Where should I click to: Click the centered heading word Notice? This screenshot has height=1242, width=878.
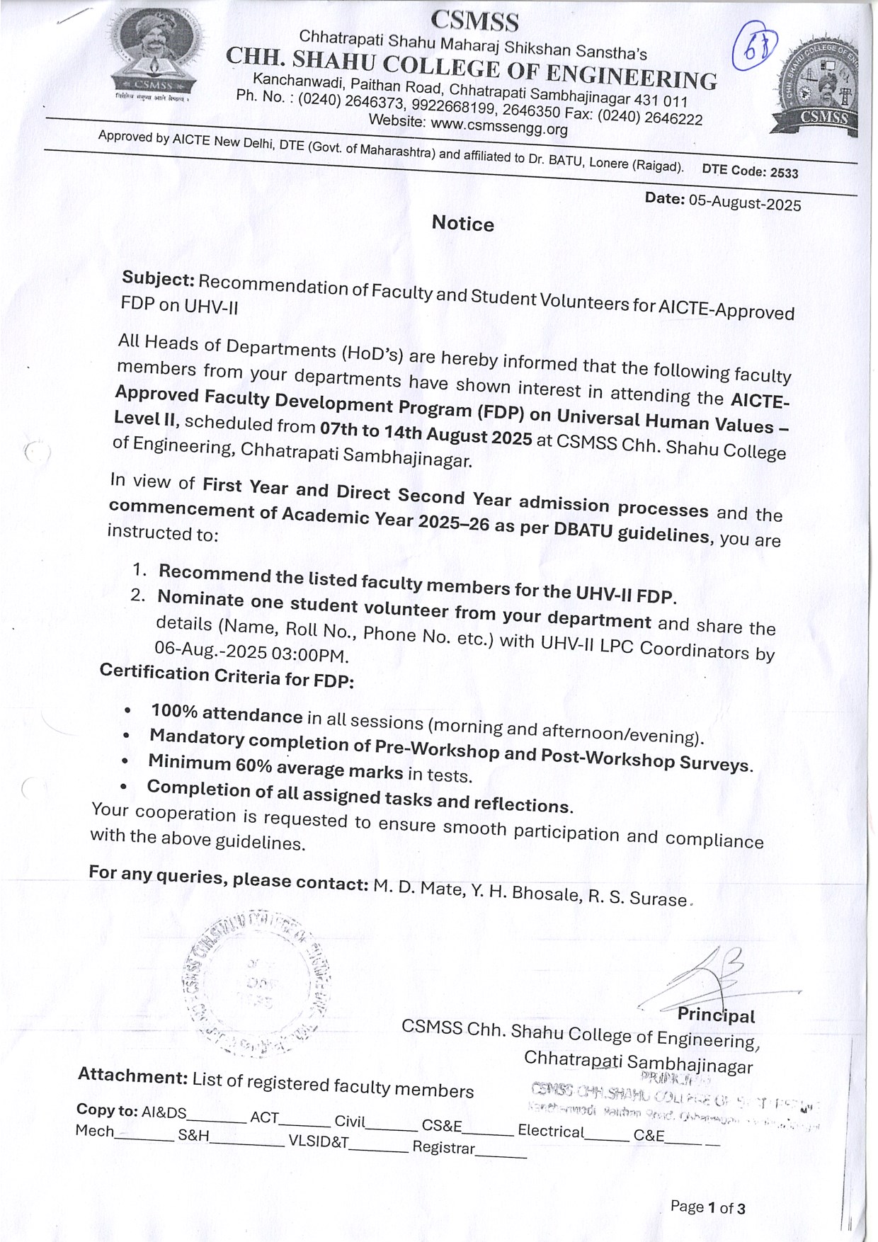pyautogui.click(x=463, y=224)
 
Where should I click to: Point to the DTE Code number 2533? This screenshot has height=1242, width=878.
pyautogui.click(x=784, y=173)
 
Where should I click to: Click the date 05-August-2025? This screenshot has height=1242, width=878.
pyautogui.click(x=745, y=203)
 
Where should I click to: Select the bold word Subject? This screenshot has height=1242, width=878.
pyautogui.click(x=158, y=279)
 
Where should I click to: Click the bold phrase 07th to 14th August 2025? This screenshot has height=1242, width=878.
pyautogui.click(x=426, y=433)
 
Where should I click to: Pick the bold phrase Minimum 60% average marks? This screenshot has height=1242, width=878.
pyautogui.click(x=275, y=765)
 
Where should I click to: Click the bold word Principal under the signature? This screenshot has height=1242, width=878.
pyautogui.click(x=716, y=1015)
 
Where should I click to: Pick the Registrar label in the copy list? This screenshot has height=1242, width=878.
pyautogui.click(x=443, y=1147)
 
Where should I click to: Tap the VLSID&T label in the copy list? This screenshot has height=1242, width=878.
pyautogui.click(x=319, y=1141)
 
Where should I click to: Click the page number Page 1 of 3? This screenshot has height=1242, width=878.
pyautogui.click(x=707, y=1207)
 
